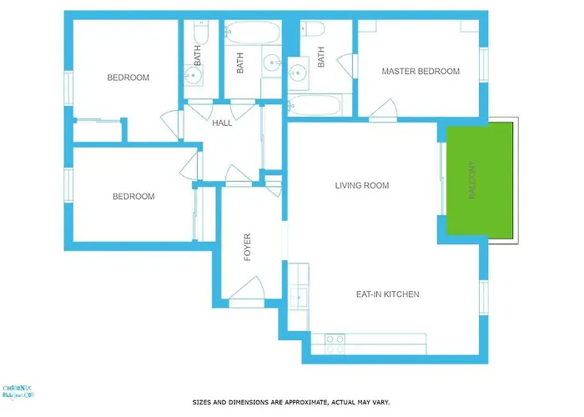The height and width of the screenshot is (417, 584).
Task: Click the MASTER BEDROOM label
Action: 420,72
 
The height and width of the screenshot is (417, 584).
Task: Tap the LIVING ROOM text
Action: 362,185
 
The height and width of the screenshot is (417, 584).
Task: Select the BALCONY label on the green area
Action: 472,178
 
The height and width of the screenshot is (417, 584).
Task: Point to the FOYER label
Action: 247,248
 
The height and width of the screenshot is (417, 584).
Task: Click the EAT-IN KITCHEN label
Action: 387,294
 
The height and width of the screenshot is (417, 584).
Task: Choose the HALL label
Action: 222,123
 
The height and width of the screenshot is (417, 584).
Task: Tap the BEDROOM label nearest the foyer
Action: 133,197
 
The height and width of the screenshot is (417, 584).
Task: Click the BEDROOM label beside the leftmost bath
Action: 128,78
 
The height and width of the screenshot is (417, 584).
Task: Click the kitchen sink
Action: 300,297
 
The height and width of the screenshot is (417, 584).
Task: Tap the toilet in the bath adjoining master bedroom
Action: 313,30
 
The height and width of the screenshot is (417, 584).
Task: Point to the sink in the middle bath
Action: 272,65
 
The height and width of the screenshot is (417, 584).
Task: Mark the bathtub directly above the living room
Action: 315,107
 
